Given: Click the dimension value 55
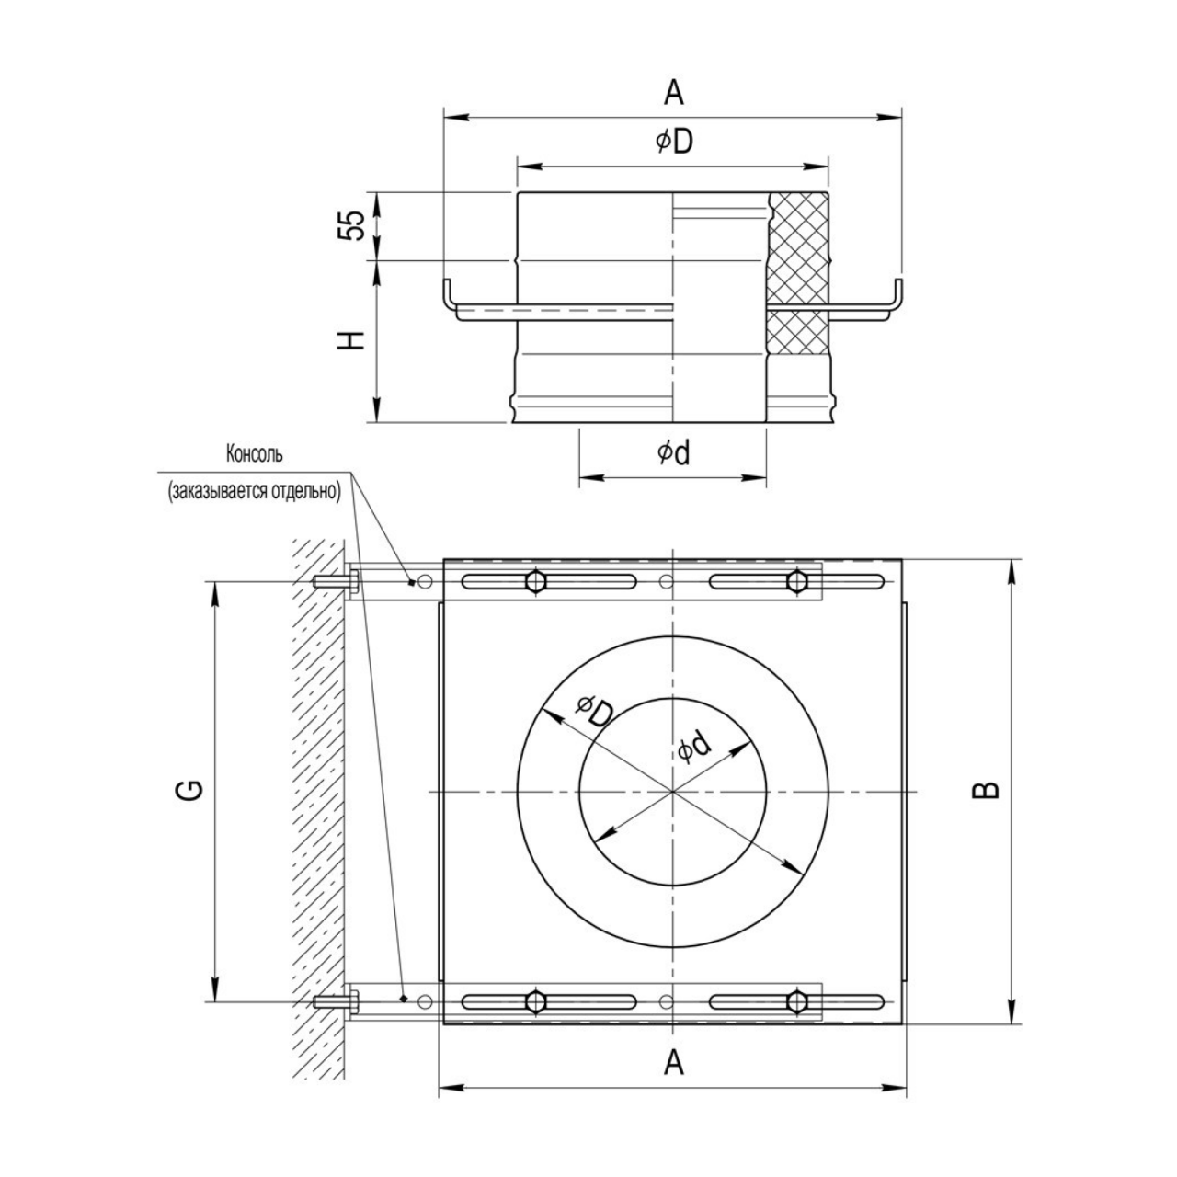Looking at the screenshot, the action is (353, 226).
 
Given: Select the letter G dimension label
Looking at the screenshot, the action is (192, 791).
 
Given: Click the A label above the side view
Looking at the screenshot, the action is (674, 93).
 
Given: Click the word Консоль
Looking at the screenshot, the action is (255, 454).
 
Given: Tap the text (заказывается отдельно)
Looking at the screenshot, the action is (255, 492).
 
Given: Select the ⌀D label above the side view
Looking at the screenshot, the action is (674, 142).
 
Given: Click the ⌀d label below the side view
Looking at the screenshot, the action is (673, 452).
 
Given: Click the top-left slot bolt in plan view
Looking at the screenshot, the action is (536, 581).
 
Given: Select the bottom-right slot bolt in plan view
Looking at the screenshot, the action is (796, 1001).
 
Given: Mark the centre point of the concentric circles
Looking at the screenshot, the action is (672, 792).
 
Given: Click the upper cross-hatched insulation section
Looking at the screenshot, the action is (798, 247).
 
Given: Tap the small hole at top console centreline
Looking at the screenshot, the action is (667, 581).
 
